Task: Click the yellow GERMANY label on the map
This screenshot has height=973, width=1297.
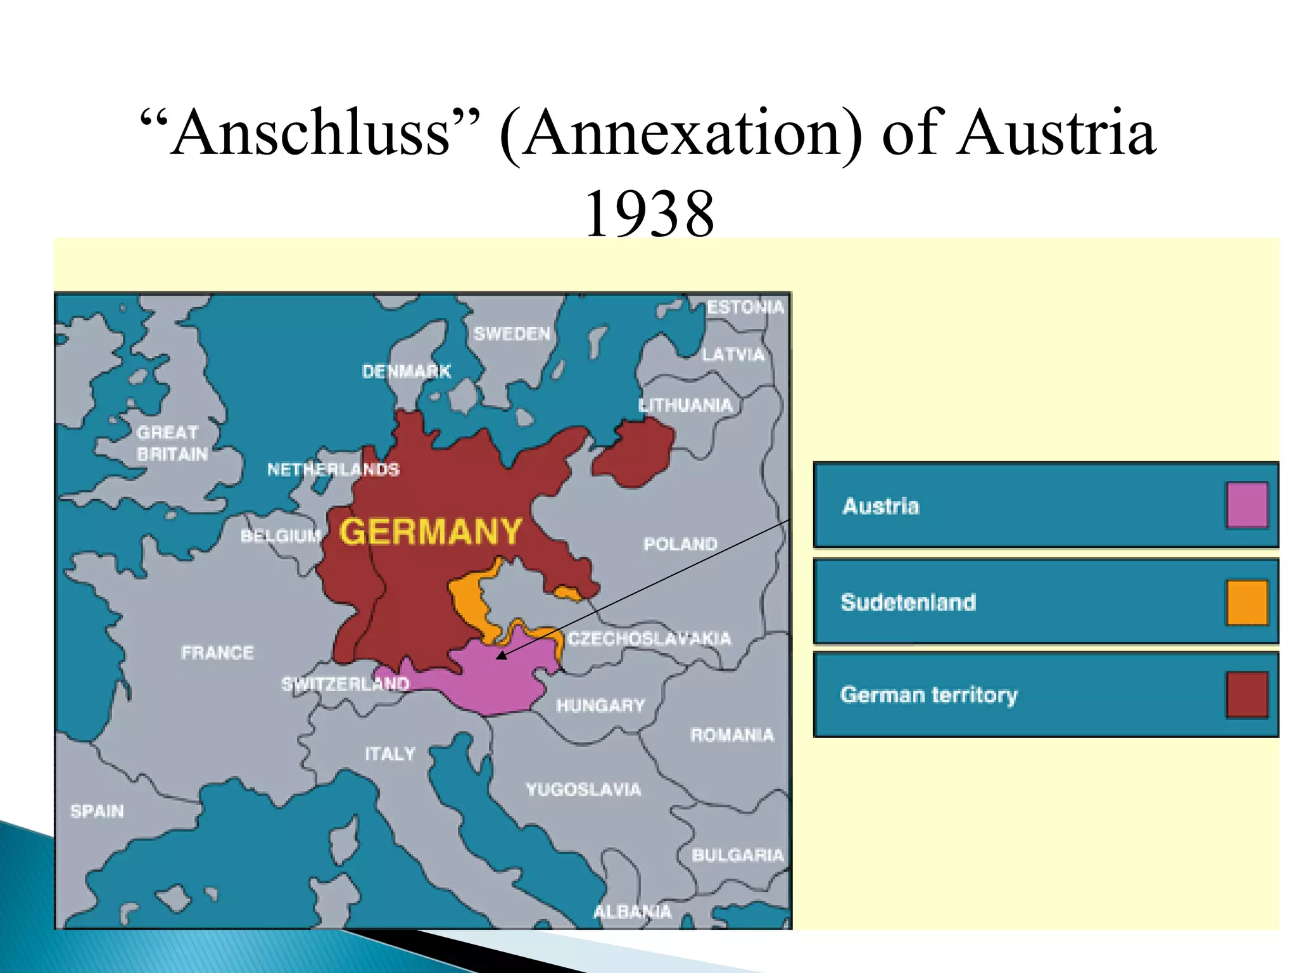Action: (431, 531)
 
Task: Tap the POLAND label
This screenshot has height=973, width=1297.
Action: (680, 544)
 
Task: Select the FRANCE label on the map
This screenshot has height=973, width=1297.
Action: (217, 652)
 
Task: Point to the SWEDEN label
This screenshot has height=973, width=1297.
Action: (512, 334)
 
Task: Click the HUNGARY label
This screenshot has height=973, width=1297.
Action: (600, 705)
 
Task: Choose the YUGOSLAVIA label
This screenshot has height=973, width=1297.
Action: (583, 789)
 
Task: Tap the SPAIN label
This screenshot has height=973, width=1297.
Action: (97, 811)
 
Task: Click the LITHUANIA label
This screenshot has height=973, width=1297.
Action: (685, 405)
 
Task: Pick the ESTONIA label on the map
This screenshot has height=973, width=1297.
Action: (745, 307)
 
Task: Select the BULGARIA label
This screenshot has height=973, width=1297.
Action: (737, 855)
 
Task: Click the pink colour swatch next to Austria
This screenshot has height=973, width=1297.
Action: (1246, 505)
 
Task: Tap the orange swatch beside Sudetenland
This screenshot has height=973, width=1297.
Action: (1246, 602)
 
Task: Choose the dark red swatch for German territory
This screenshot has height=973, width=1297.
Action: (1246, 695)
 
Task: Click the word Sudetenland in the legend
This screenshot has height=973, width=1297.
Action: (908, 602)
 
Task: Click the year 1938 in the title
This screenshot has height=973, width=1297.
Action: (649, 214)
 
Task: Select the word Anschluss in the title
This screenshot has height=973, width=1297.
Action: (310, 133)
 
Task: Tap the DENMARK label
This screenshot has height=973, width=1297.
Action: (406, 371)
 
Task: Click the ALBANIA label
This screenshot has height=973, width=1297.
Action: (632, 912)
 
